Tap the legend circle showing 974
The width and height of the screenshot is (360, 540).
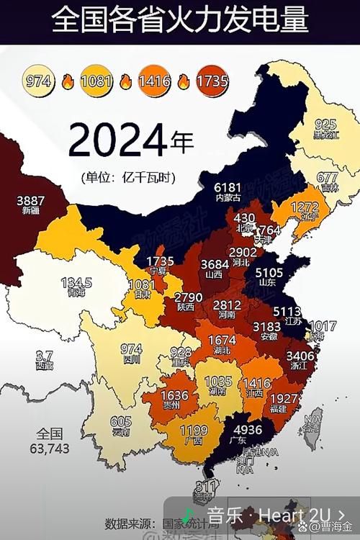[40, 81]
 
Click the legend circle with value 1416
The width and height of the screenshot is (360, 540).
[155, 81]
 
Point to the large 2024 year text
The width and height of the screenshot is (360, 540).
[119, 141]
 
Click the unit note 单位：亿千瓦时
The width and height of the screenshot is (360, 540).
[130, 176]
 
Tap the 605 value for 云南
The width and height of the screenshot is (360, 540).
[121, 422]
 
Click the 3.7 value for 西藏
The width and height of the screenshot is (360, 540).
[45, 356]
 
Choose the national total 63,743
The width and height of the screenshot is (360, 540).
[52, 448]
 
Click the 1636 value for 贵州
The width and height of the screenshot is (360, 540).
[175, 395]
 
